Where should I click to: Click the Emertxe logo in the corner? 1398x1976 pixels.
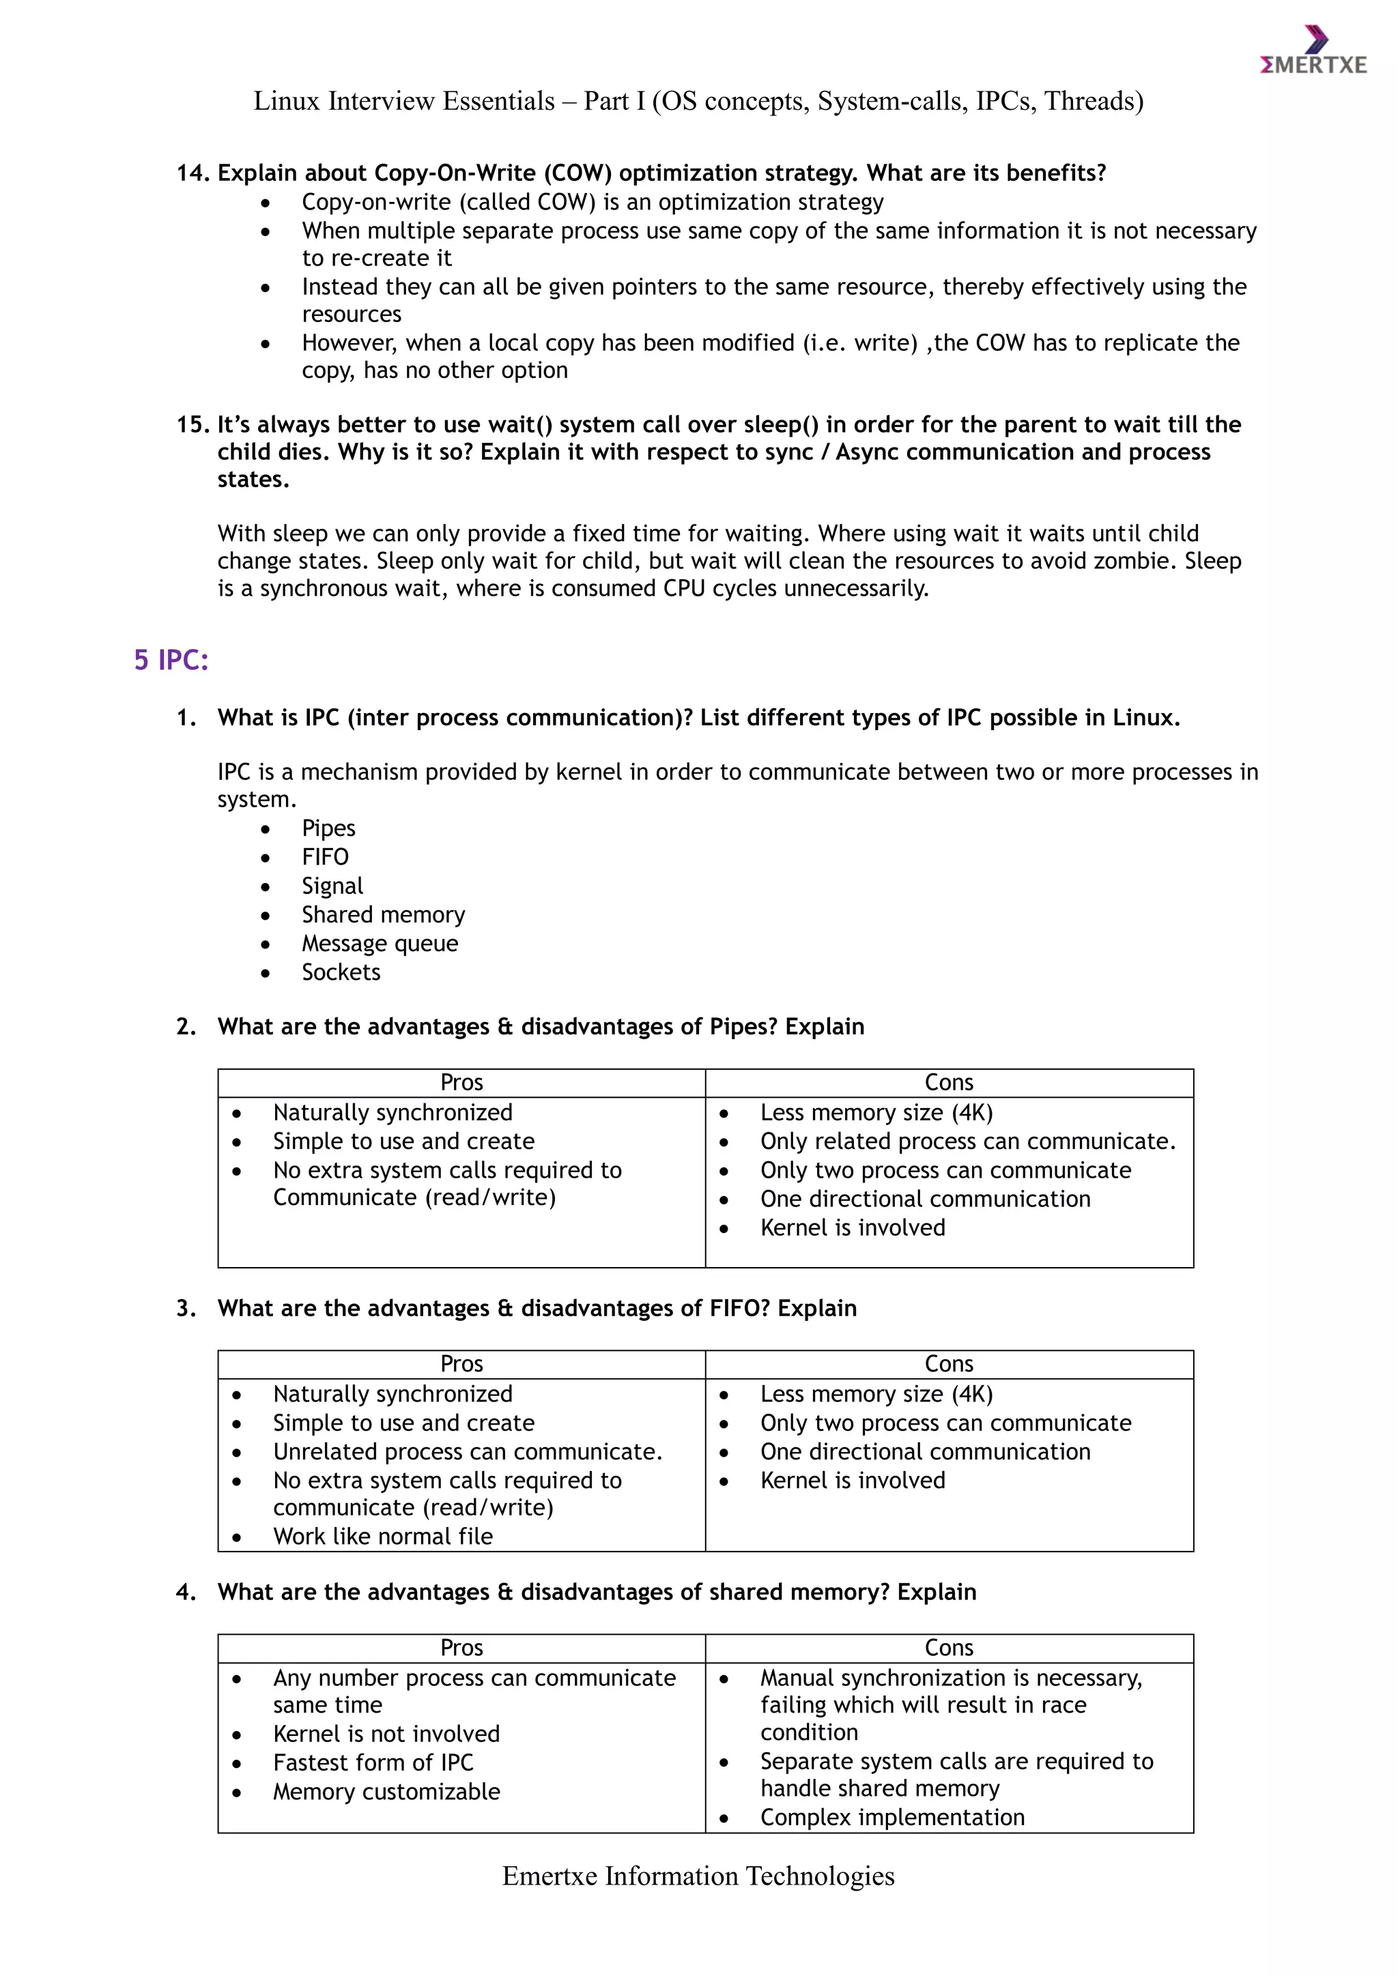tap(1313, 53)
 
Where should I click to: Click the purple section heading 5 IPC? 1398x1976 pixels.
tap(171, 660)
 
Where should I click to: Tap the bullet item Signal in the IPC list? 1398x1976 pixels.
tap(332, 886)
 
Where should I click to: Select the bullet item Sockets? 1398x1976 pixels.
tap(341, 972)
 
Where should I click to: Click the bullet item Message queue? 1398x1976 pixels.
tap(380, 943)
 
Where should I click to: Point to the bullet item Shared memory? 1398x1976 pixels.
tap(383, 914)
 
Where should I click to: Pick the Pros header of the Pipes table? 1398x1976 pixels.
tap(461, 1083)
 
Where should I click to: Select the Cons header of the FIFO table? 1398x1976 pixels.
tap(949, 1364)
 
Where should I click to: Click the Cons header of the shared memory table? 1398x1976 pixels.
tap(949, 1647)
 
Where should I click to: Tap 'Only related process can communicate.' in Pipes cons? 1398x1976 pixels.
tap(967, 1142)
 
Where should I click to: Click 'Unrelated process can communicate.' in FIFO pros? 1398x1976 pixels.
tap(468, 1452)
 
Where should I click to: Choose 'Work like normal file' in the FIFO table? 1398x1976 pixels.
tap(383, 1536)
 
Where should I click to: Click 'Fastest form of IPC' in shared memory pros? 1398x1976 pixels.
tap(373, 1762)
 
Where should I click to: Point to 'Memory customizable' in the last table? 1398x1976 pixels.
tap(386, 1791)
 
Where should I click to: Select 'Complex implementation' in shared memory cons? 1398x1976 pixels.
tap(891, 1817)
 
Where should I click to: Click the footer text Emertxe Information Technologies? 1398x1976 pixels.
tap(698, 1876)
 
